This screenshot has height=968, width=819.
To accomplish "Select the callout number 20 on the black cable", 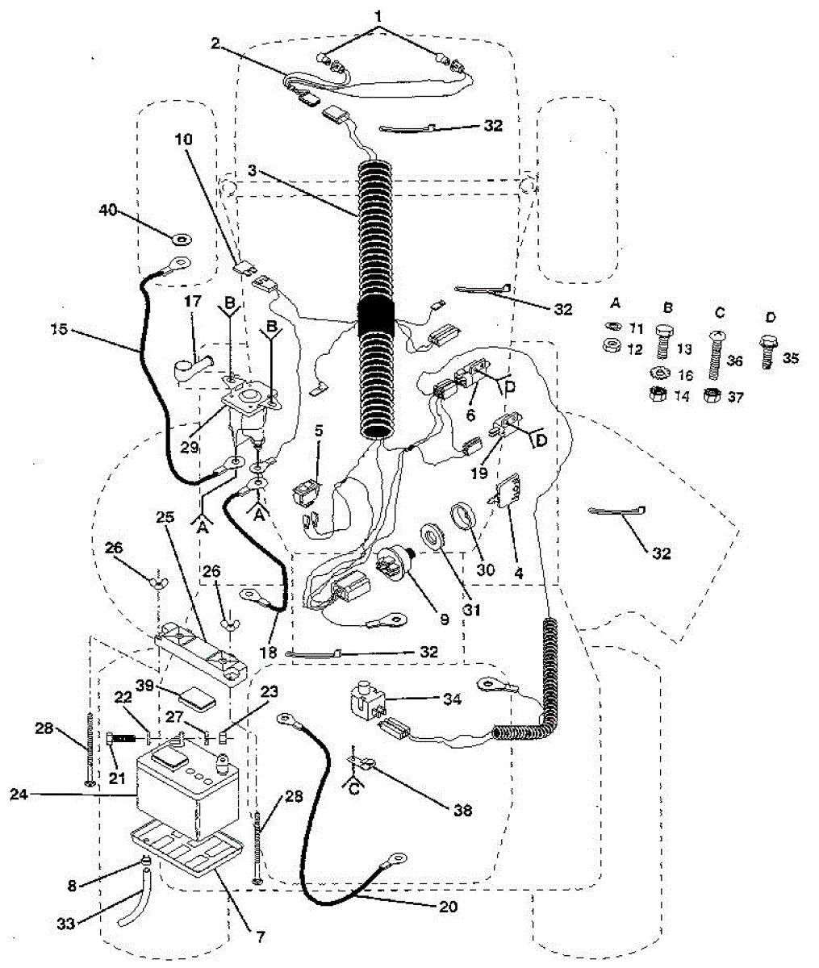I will (x=448, y=906).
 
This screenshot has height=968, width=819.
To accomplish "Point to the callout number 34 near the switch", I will (x=451, y=699).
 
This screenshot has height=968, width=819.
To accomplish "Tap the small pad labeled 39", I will (x=197, y=696).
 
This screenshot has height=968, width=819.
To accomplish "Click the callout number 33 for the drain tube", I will (x=65, y=923).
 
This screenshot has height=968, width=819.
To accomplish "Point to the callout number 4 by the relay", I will (x=519, y=574).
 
